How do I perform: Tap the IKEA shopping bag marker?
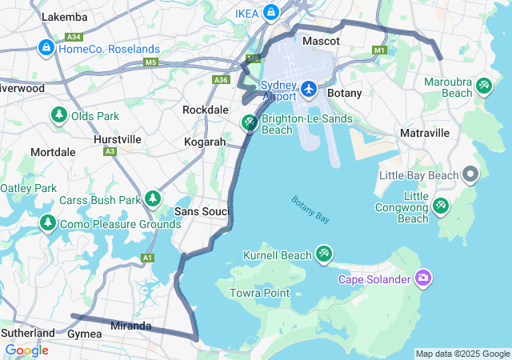(x=271, y=12)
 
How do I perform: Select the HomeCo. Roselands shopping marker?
(x=46, y=49)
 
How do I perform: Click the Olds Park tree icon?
(x=58, y=116)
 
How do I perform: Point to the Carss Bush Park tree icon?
(x=153, y=198)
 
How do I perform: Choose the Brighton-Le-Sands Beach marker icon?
(x=250, y=123)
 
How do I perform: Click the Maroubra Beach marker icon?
(x=483, y=86)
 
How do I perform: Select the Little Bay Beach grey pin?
(x=470, y=174)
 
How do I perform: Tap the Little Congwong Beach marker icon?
(x=441, y=206)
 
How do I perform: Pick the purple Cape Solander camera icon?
(x=423, y=278)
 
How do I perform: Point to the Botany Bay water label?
(x=310, y=210)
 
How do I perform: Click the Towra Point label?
(x=259, y=293)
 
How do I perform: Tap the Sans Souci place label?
(x=202, y=211)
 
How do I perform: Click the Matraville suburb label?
(x=424, y=132)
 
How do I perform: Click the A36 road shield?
(x=222, y=79)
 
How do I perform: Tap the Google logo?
(x=26, y=350)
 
